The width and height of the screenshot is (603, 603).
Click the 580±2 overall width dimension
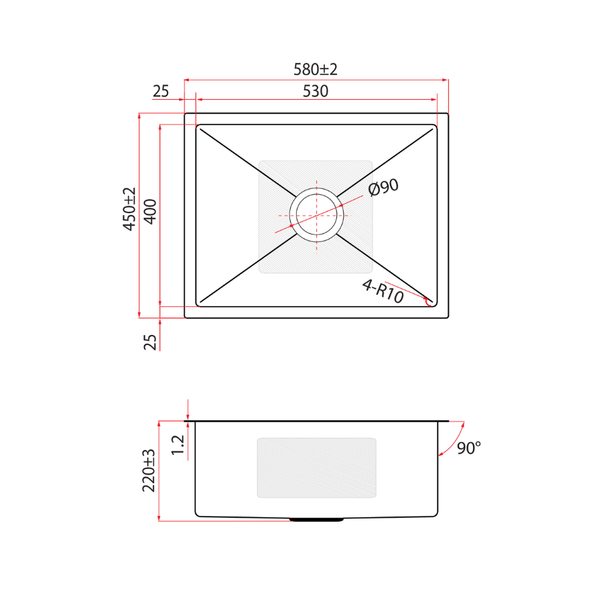[316, 69]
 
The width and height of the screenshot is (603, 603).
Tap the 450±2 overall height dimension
[129, 209]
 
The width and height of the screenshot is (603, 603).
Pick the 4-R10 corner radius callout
[383, 291]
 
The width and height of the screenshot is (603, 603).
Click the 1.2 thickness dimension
[178, 445]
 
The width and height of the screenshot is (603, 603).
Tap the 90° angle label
[469, 448]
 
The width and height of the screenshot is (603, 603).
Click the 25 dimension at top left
[161, 91]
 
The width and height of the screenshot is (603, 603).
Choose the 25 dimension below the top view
[151, 342]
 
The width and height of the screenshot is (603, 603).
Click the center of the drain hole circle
[316, 214]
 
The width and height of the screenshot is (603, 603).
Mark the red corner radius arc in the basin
[429, 302]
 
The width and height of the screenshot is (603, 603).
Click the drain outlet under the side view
[316, 519]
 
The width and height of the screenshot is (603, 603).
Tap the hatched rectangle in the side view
[316, 468]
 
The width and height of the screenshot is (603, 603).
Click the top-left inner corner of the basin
[196, 125]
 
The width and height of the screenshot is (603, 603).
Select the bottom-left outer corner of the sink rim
[185, 318]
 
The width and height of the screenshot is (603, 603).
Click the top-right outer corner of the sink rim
[448, 113]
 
